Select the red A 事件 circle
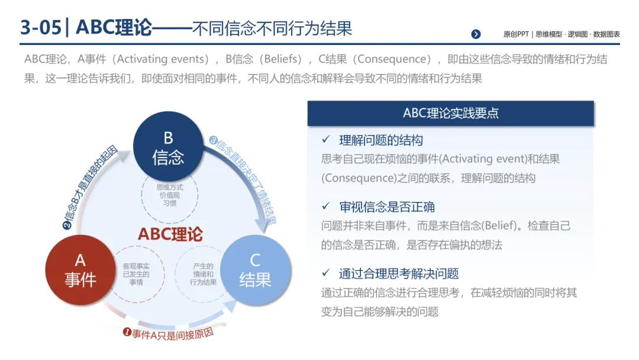[x=80, y=270]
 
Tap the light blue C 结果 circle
[x=255, y=270]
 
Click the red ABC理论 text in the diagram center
[x=170, y=233]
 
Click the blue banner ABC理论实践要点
[x=450, y=113]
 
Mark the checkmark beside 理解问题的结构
[x=325, y=140]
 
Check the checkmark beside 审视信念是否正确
[x=325, y=206]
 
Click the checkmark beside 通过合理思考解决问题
[x=325, y=273]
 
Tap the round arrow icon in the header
[x=476, y=34]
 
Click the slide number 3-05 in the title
[x=40, y=27]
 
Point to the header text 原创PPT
[x=515, y=34]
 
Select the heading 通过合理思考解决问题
[x=399, y=274]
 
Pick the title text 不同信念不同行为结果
[x=272, y=28]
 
